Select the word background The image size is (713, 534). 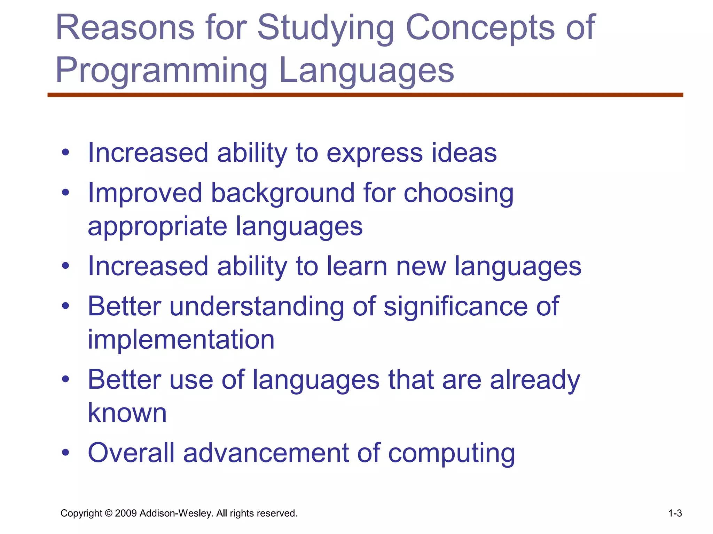point(282,193)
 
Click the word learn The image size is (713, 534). point(357,267)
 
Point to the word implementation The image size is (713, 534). point(181,340)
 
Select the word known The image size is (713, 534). point(127,413)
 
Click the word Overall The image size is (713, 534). point(131,453)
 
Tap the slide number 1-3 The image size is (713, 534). point(675,513)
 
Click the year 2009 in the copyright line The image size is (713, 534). point(125,513)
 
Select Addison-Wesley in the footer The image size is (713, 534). point(175,513)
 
